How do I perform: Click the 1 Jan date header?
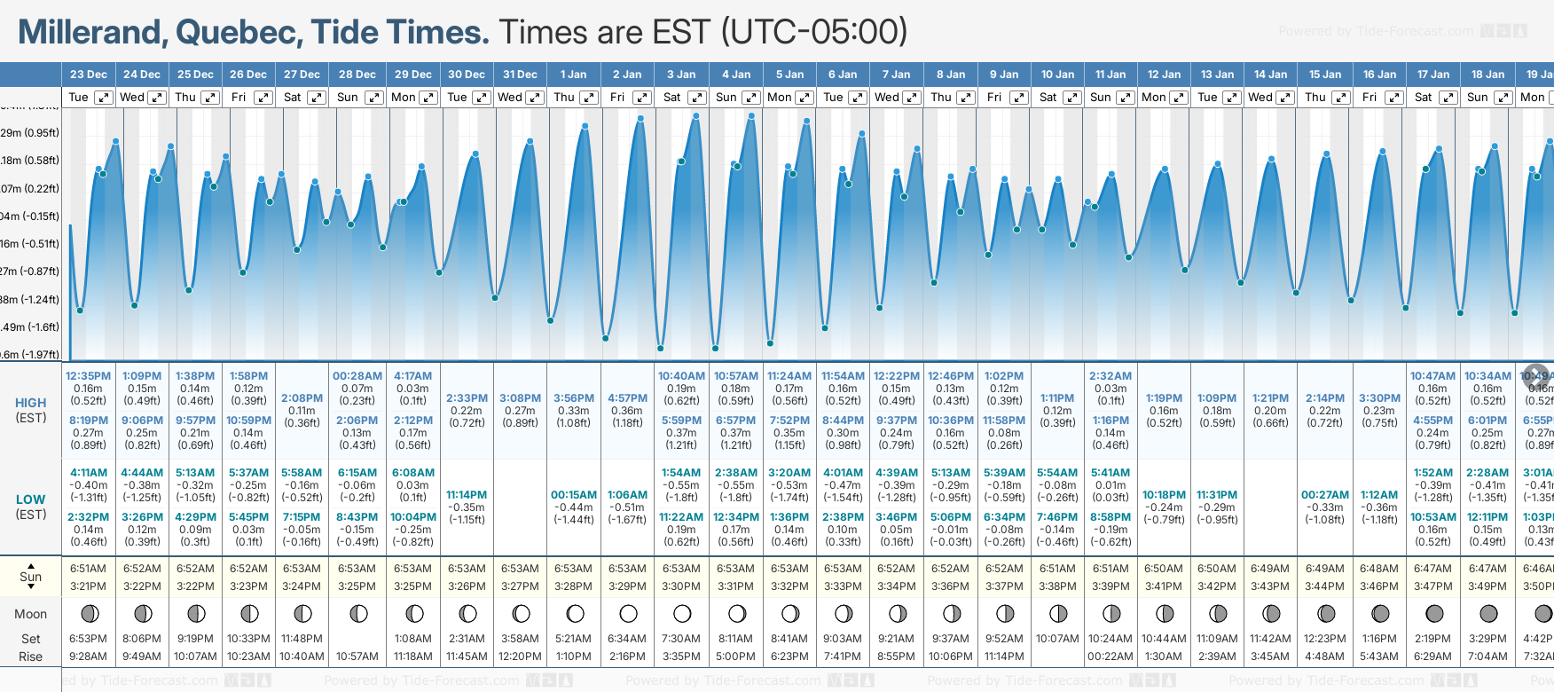[x=573, y=75]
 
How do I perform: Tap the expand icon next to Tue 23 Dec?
[x=104, y=98]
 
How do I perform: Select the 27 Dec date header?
[x=302, y=75]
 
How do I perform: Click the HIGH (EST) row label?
[x=31, y=410]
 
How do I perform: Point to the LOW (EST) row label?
[x=31, y=507]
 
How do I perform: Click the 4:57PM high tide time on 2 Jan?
[x=627, y=398]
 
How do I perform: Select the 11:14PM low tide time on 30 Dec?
[x=467, y=495]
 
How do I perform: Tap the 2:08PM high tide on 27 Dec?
[x=302, y=398]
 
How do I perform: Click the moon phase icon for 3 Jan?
[x=682, y=613]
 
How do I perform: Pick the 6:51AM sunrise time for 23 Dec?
[x=88, y=569]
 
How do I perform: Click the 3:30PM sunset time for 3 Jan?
[x=681, y=586]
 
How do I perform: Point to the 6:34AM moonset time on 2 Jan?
[x=627, y=639]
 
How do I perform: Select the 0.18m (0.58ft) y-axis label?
[x=30, y=161]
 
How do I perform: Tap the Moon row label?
[x=31, y=614]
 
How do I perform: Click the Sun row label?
[x=31, y=577]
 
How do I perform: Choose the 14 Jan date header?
[x=1271, y=75]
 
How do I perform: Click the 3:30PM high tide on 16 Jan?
[x=1379, y=398]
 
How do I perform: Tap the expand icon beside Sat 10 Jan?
[x=1071, y=98]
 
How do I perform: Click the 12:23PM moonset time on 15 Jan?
[x=1325, y=639]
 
